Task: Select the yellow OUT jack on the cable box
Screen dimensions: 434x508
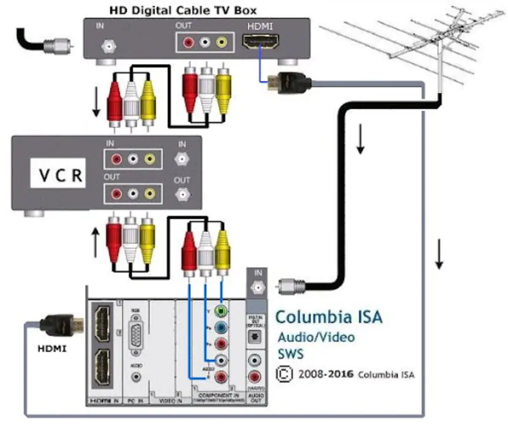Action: [x=220, y=43]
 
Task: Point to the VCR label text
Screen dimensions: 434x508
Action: [x=58, y=176]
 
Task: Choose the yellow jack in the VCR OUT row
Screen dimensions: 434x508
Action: [x=149, y=192]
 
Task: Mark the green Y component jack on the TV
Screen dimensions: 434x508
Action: [x=220, y=312]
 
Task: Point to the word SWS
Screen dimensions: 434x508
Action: [x=290, y=353]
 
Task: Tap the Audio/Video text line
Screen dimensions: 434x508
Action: [x=316, y=337]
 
